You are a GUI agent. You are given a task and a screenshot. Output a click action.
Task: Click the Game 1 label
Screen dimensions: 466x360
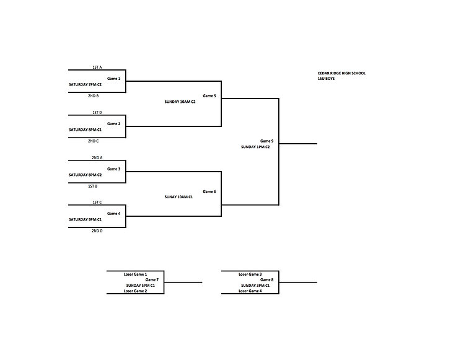tap(114, 79)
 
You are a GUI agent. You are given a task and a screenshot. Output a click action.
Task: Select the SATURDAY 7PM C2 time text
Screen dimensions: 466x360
tap(86, 84)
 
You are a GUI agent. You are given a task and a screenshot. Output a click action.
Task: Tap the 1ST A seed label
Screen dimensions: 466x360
tap(97, 67)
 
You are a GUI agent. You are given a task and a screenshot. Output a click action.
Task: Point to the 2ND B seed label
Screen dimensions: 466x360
tap(94, 95)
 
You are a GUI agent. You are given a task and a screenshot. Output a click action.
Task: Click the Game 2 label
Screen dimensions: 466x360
tap(114, 124)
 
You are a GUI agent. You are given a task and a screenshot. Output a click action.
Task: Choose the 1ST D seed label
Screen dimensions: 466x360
tap(97, 112)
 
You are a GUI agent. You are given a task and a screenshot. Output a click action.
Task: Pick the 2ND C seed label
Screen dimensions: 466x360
tap(94, 141)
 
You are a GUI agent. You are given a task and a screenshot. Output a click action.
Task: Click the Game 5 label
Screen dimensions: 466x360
tap(209, 95)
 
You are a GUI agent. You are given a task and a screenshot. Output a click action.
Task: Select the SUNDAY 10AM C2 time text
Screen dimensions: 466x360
tap(180, 102)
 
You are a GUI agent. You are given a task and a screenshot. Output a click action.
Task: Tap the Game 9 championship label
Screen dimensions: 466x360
tap(267, 141)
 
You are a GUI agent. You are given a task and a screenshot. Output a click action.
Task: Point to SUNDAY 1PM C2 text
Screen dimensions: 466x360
tap(255, 147)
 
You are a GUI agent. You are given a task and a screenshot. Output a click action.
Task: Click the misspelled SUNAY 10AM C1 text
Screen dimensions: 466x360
tap(179, 197)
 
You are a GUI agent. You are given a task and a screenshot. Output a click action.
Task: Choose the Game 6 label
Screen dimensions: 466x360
tap(209, 191)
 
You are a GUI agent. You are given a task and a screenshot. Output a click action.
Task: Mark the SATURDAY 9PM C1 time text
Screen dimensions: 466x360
tap(86, 219)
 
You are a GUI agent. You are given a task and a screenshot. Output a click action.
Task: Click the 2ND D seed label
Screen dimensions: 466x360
tap(97, 230)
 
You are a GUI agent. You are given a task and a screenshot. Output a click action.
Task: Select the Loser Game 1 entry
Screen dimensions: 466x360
tap(136, 274)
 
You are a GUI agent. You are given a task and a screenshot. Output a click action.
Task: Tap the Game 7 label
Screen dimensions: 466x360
tap(152, 279)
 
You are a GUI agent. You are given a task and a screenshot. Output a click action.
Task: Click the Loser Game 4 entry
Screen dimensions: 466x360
tap(250, 291)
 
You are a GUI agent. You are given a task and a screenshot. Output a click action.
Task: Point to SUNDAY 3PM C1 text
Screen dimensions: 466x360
tap(255, 286)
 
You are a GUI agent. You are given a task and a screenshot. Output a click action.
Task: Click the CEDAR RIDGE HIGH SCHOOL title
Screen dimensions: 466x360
tap(342, 73)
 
